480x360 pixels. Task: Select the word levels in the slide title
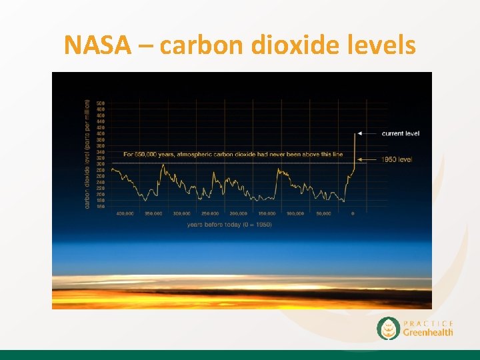(x=383, y=45)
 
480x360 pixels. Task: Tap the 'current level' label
(x=400, y=133)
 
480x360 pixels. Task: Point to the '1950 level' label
(x=397, y=159)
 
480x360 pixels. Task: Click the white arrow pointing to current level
(x=365, y=133)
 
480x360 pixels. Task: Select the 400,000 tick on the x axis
(x=125, y=213)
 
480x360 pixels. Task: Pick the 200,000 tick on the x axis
(x=238, y=213)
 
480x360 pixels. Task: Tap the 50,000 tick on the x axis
(x=324, y=213)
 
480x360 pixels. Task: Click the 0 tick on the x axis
(x=353, y=213)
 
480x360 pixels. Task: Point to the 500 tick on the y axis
(x=100, y=103)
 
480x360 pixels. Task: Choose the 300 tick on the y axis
(x=100, y=164)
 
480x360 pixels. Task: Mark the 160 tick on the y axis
(x=100, y=207)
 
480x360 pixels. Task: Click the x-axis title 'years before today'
(x=229, y=224)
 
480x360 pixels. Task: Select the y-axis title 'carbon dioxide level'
(x=87, y=153)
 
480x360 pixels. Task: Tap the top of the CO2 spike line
(x=354, y=134)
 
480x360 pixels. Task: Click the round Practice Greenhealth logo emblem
(x=388, y=328)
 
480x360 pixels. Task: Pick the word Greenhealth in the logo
(x=427, y=332)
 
